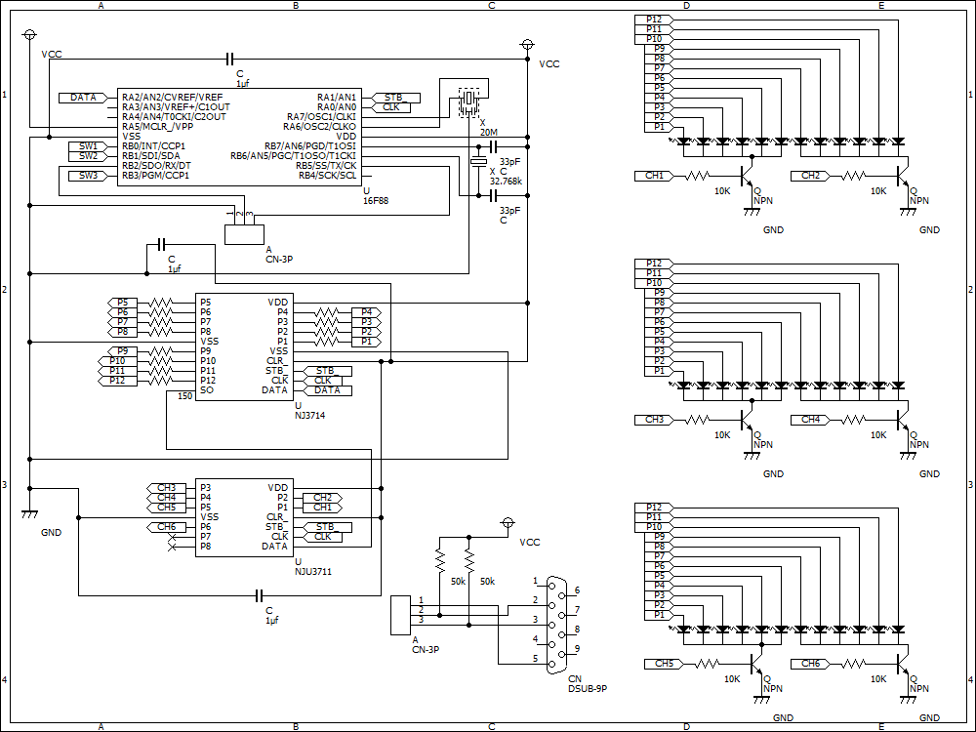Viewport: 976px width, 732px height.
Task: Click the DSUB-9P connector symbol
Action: [555, 625]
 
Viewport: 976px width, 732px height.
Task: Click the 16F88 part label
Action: [376, 200]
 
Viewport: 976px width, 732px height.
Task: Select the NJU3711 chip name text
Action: [313, 571]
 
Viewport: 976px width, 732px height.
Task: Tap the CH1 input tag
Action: [654, 176]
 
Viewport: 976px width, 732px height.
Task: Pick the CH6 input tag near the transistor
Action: [810, 664]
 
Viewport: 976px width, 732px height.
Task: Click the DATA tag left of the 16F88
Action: [83, 98]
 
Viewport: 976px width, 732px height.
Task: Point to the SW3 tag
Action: [88, 176]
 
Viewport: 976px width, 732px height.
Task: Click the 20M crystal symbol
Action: [469, 102]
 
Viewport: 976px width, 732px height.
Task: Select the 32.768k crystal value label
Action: [506, 182]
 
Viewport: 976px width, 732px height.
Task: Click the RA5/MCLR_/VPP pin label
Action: [157, 126]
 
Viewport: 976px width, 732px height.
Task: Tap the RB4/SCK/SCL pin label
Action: [327, 176]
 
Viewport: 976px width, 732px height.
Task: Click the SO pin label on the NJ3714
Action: [207, 390]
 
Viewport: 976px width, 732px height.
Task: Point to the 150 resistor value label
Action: [184, 396]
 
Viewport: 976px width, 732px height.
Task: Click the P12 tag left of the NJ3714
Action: [117, 381]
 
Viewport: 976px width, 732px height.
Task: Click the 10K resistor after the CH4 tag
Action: [853, 420]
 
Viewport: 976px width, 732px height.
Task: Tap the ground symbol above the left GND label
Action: [29, 514]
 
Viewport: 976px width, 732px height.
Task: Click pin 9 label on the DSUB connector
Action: [577, 649]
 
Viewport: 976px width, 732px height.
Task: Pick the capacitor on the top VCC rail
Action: [229, 60]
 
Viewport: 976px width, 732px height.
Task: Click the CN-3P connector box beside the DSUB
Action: [400, 615]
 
